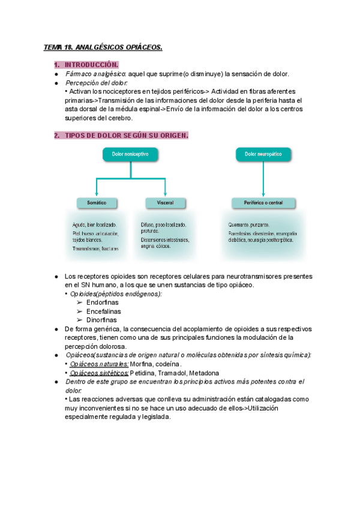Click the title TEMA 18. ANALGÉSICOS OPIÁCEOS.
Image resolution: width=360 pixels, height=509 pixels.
coord(103,47)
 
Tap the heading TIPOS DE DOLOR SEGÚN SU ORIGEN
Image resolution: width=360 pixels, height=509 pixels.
coord(126,136)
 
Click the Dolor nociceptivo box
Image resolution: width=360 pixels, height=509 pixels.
coord(130,155)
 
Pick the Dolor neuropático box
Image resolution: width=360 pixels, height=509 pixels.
coord(263,155)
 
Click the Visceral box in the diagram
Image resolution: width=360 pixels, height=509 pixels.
coord(165,203)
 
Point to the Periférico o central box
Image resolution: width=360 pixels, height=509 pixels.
coord(263,203)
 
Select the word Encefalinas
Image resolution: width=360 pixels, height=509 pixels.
coord(104,312)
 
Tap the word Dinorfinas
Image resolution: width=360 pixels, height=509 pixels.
coord(102,321)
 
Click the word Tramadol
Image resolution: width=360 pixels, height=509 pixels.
coord(172,373)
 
